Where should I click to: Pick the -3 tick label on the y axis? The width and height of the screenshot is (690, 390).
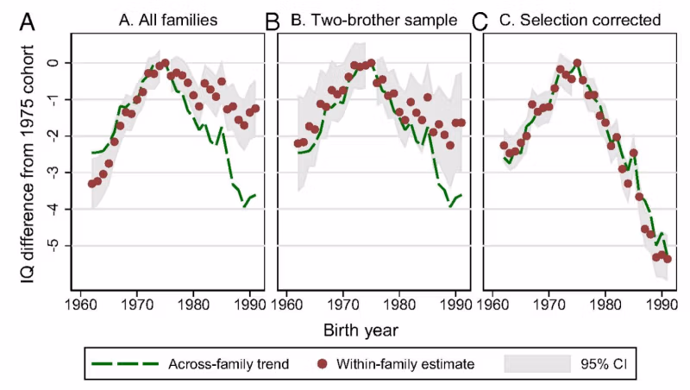[51, 173]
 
